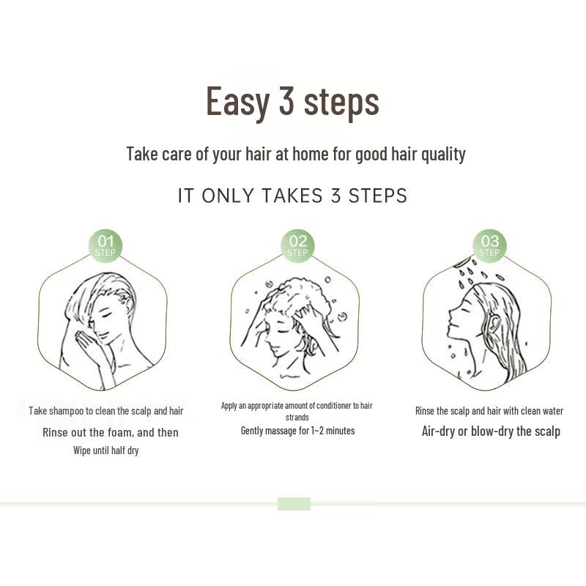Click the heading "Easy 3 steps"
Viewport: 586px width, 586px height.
click(292, 101)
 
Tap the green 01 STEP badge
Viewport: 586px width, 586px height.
click(105, 246)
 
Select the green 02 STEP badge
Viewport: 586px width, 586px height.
click(297, 246)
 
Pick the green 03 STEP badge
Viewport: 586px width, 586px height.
click(489, 246)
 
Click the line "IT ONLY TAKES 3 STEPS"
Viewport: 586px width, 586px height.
click(292, 196)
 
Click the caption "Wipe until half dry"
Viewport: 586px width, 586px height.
click(105, 450)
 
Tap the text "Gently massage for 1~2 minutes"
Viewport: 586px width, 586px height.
click(297, 431)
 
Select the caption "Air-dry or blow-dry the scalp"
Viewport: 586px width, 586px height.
click(491, 431)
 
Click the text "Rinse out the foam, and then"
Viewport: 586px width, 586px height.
click(111, 432)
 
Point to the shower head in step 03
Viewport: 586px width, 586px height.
click(461, 262)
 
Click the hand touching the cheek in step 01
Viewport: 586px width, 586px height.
click(87, 345)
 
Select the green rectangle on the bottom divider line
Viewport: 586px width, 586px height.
click(294, 504)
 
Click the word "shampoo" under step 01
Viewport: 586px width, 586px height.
click(66, 411)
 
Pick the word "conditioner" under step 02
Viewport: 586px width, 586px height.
click(329, 406)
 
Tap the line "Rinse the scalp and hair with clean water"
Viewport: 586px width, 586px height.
click(489, 411)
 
